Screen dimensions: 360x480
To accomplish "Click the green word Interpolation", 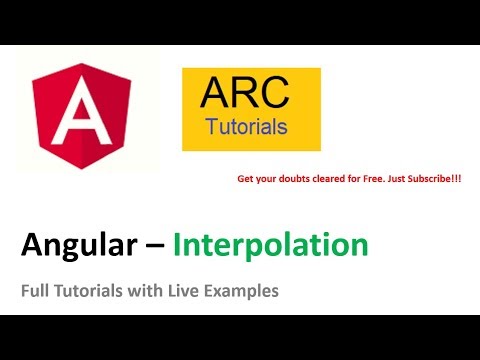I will [x=270, y=243].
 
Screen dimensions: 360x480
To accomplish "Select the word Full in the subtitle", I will [x=35, y=291].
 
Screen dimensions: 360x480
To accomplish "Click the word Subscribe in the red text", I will [x=424, y=180].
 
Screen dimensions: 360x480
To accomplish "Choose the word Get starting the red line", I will [x=245, y=180].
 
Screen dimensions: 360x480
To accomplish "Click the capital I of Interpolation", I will [x=178, y=243].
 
